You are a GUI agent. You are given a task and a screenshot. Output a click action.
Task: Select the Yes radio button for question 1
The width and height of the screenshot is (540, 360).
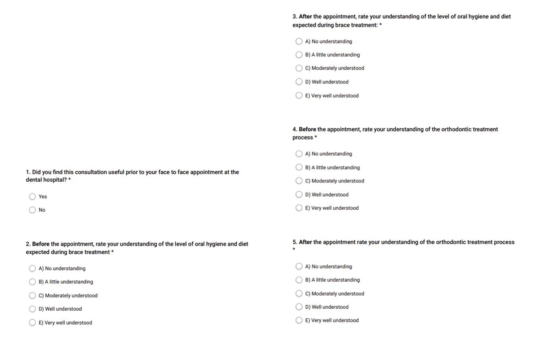pos(33,196)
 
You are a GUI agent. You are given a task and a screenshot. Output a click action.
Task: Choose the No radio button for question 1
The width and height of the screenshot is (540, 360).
pos(33,210)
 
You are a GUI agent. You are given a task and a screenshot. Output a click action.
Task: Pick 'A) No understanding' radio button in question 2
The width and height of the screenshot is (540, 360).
pos(33,268)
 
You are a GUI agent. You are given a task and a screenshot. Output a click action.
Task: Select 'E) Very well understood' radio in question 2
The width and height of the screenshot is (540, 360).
pos(33,322)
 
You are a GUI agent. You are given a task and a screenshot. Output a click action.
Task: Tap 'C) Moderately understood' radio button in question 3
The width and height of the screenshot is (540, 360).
pos(299,68)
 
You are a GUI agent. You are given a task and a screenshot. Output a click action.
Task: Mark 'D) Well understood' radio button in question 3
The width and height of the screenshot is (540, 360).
pos(299,81)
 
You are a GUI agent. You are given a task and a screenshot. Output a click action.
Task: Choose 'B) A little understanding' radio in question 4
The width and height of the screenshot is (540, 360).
pos(299,167)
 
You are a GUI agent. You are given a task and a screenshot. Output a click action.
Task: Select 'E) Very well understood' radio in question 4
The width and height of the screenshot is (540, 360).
pos(299,208)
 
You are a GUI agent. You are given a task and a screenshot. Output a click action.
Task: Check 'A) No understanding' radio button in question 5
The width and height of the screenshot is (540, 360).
pos(299,266)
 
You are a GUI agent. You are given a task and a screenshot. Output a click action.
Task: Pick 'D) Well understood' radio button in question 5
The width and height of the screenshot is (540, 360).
pos(299,307)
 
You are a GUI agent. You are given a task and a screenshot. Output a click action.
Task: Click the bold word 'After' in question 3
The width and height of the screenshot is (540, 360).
pos(305,17)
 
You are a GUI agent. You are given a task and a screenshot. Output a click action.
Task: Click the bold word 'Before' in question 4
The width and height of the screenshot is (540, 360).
pos(307,129)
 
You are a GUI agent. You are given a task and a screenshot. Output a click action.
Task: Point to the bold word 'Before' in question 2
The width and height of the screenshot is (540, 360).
pos(41,244)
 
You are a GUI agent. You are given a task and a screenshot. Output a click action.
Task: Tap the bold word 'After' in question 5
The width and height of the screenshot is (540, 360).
pos(305,242)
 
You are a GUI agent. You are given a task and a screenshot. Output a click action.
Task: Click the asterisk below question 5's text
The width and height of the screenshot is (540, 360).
pos(294,250)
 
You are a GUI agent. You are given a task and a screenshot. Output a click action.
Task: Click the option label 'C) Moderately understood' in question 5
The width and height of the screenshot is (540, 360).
pos(334,294)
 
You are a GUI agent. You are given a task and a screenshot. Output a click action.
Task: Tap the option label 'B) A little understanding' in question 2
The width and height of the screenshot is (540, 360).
pos(66,282)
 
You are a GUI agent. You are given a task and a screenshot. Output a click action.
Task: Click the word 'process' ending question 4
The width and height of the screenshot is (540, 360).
pos(303,137)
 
